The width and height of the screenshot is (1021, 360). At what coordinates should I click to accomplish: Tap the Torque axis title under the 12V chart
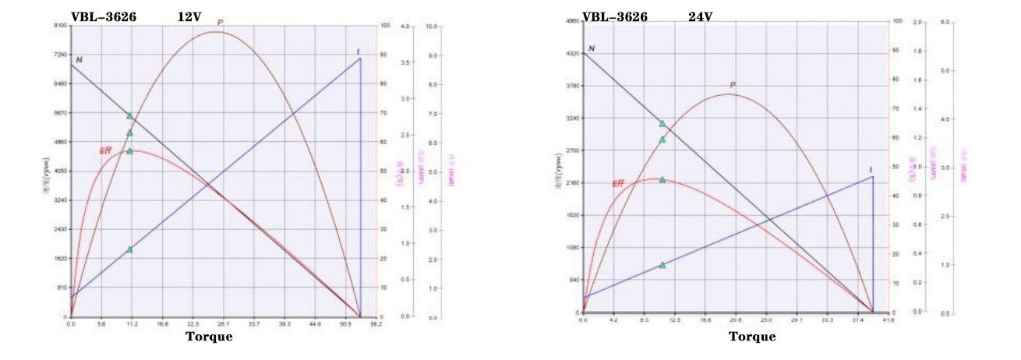click(208, 337)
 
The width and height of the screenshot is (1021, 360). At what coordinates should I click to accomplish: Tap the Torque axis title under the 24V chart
click(752, 337)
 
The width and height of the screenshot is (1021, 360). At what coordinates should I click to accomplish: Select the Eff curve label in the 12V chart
click(106, 150)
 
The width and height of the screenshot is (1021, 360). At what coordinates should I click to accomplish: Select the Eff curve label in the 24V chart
click(618, 184)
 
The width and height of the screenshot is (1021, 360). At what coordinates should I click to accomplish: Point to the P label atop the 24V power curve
click(733, 86)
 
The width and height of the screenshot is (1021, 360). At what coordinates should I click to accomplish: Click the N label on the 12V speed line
click(79, 59)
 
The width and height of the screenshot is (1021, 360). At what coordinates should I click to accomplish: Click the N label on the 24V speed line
click(592, 48)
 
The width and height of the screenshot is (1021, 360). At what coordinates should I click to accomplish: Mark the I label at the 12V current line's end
click(358, 52)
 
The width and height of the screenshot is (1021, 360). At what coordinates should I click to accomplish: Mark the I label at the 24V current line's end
click(871, 170)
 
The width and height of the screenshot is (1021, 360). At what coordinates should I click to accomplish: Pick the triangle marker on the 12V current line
click(129, 249)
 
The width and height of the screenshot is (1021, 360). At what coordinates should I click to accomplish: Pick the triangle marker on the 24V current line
click(662, 265)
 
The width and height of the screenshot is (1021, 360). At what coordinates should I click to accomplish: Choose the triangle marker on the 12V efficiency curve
click(129, 151)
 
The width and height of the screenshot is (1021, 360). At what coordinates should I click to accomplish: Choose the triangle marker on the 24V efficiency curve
click(662, 180)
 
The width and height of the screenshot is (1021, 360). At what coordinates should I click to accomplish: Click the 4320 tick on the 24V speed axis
click(573, 53)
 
